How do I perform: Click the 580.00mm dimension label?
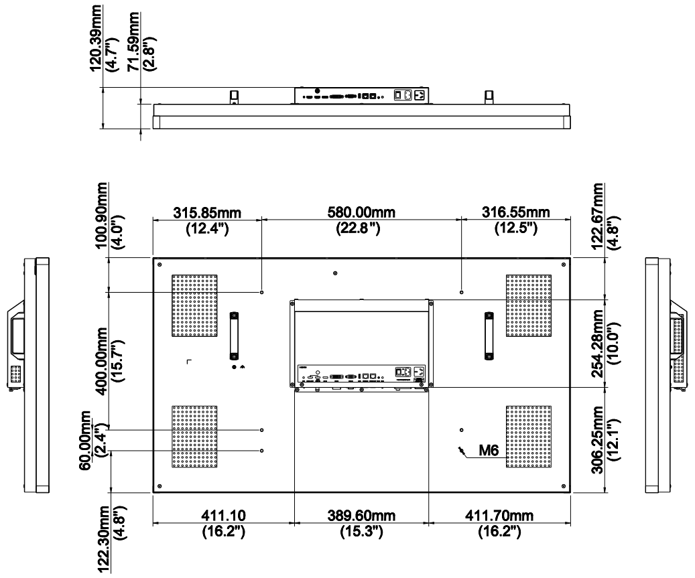point(361,212)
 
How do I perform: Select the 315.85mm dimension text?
point(206,212)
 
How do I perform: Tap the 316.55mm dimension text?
point(516,212)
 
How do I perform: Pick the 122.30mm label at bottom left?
point(103,536)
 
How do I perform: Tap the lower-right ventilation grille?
point(528,437)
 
